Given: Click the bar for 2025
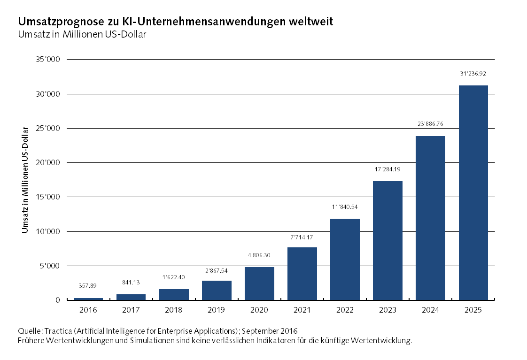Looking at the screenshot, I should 473,192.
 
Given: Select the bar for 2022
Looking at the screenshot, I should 345,259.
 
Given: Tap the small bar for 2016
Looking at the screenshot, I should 88,299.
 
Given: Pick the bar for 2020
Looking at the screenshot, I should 259,283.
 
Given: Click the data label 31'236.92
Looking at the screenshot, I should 473,74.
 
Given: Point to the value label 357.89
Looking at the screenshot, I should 88,285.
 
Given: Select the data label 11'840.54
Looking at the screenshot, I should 345,207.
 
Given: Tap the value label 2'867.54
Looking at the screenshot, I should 217,271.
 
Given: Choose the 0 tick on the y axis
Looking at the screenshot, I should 57,300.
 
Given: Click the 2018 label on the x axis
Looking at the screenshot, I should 174,310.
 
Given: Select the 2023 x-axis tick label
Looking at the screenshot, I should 387,310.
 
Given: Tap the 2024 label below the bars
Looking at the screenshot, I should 430,310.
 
